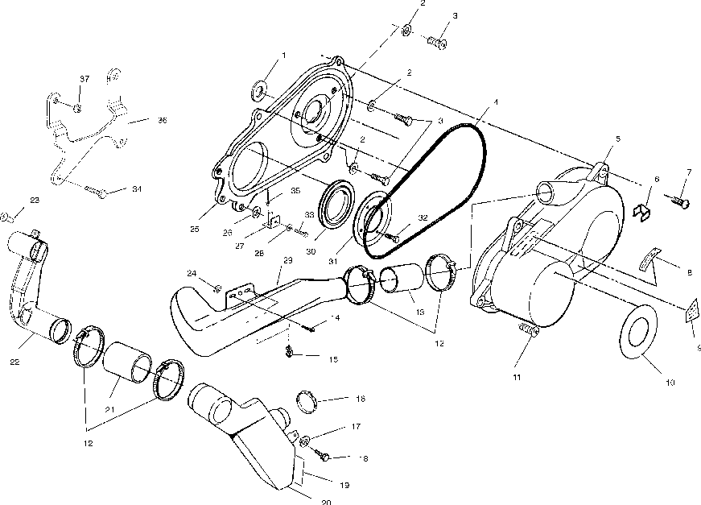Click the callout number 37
[84, 78]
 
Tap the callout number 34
[136, 190]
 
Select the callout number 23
[35, 201]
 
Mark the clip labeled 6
[642, 211]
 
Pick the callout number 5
[617, 139]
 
